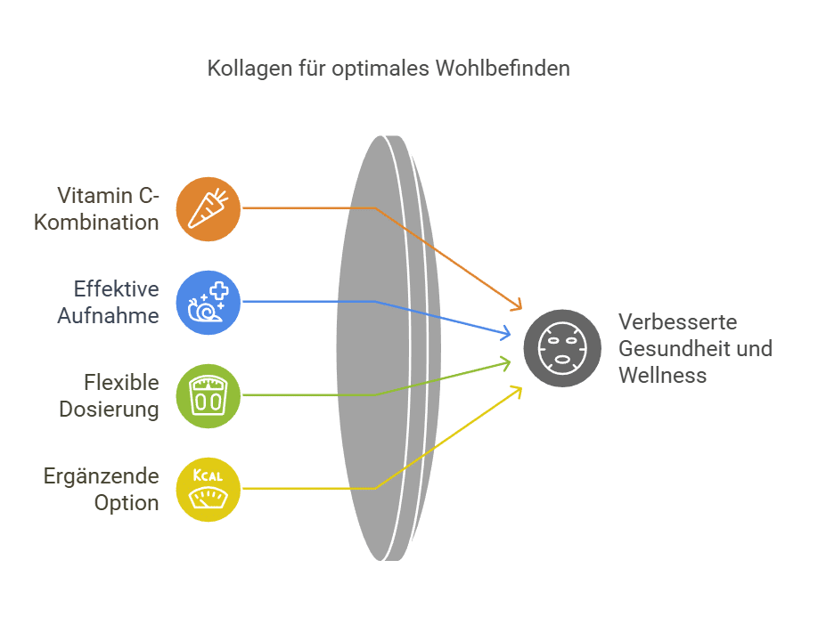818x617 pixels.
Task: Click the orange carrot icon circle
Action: pos(209,208)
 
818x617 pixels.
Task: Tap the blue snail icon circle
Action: pos(209,302)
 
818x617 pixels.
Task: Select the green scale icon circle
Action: pos(209,395)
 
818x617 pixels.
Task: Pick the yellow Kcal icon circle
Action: pos(209,489)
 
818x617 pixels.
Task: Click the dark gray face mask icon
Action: pos(562,348)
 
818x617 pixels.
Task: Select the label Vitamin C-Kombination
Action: pos(97,208)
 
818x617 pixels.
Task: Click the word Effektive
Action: pos(116,289)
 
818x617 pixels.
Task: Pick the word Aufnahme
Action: pos(110,315)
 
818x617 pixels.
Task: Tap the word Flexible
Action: pos(122,383)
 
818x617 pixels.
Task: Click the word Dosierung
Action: pos(110,409)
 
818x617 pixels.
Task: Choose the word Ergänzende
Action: pos(102,476)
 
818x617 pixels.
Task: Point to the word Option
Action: pos(127,502)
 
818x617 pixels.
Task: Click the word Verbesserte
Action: pos(678,321)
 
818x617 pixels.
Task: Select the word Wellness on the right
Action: pos(663,375)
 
